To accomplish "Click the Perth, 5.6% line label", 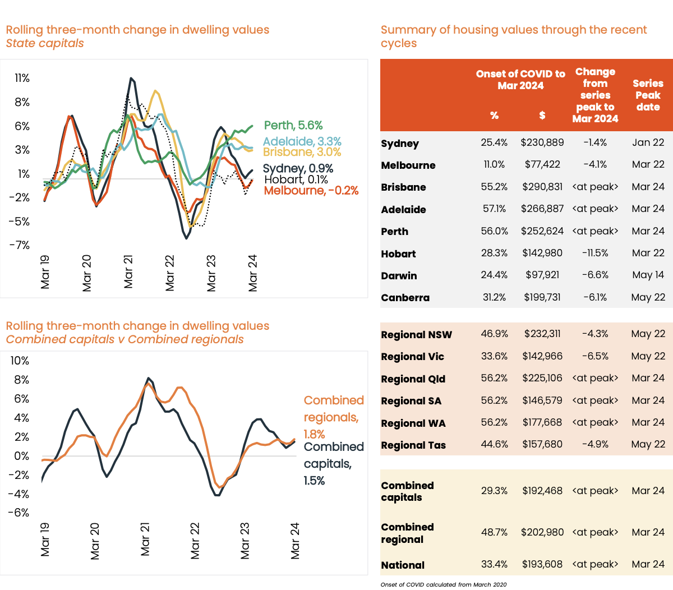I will pyautogui.click(x=293, y=126).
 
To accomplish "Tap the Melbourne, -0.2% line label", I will pyautogui.click(x=311, y=191).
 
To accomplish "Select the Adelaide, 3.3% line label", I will pyautogui.click(x=302, y=142).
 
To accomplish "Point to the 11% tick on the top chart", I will pyautogui.click(x=22, y=78).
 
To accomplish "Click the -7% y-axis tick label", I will pyautogui.click(x=21, y=245).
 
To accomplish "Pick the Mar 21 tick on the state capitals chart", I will pyautogui.click(x=128, y=272).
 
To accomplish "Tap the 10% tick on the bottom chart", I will pyautogui.click(x=20, y=361).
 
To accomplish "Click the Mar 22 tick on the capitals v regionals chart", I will pyautogui.click(x=195, y=541).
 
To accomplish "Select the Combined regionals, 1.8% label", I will pyautogui.click(x=333, y=417).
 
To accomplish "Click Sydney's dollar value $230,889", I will pyautogui.click(x=542, y=142).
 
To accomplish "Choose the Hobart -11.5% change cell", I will pyautogui.click(x=595, y=253).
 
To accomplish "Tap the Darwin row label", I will pyautogui.click(x=399, y=276).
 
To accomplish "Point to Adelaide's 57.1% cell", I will pyautogui.click(x=494, y=209).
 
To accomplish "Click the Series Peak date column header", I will pyautogui.click(x=648, y=95).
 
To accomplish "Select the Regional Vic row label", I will pyautogui.click(x=412, y=357).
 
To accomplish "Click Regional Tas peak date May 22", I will pyautogui.click(x=648, y=444).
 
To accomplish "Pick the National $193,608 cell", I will pyautogui.click(x=542, y=564).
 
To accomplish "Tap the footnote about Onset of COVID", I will pyautogui.click(x=443, y=584).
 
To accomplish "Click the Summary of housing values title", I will pyautogui.click(x=513, y=36).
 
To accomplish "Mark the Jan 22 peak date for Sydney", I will pyautogui.click(x=648, y=142).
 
